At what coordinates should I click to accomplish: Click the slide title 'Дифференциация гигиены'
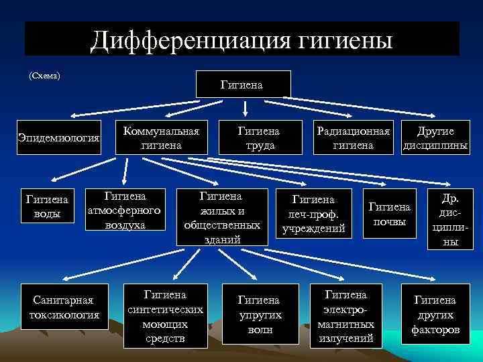[x=241, y=39]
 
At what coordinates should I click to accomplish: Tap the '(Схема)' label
[x=45, y=75]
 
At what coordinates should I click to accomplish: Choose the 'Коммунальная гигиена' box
[x=162, y=137]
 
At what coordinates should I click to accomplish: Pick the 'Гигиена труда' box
[x=260, y=137]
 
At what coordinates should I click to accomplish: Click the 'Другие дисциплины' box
[x=435, y=137]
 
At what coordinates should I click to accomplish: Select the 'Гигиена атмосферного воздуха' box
[x=125, y=210]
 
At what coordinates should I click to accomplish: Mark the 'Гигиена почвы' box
[x=390, y=215]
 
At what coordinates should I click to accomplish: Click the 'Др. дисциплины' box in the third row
[x=448, y=220]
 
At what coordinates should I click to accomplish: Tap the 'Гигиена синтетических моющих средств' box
[x=165, y=316]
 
